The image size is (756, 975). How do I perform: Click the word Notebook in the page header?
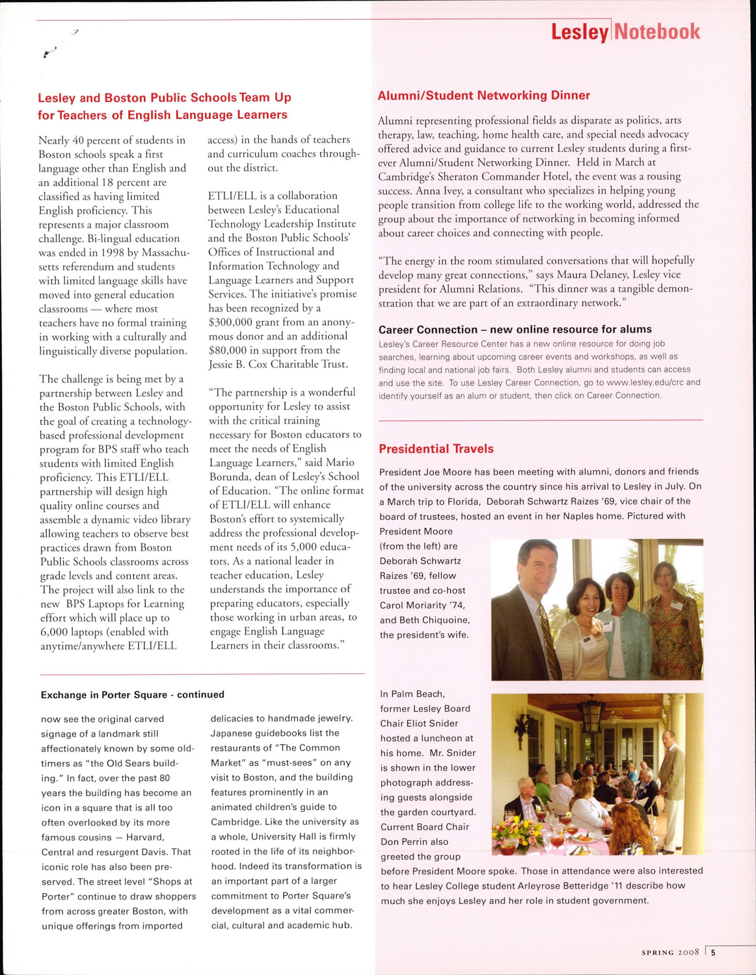pyautogui.click(x=657, y=31)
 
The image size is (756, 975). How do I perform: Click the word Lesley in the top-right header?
pyautogui.click(x=579, y=32)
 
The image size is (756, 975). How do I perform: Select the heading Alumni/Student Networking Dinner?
pyautogui.click(x=484, y=96)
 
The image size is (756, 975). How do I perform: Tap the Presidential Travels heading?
pyautogui.click(x=436, y=449)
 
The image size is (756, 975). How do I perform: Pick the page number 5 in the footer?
pyautogui.click(x=713, y=953)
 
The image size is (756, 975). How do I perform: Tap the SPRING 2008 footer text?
pyautogui.click(x=669, y=953)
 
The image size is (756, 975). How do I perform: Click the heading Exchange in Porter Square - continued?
pyautogui.click(x=132, y=695)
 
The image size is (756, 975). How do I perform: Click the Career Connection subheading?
pyautogui.click(x=515, y=330)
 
